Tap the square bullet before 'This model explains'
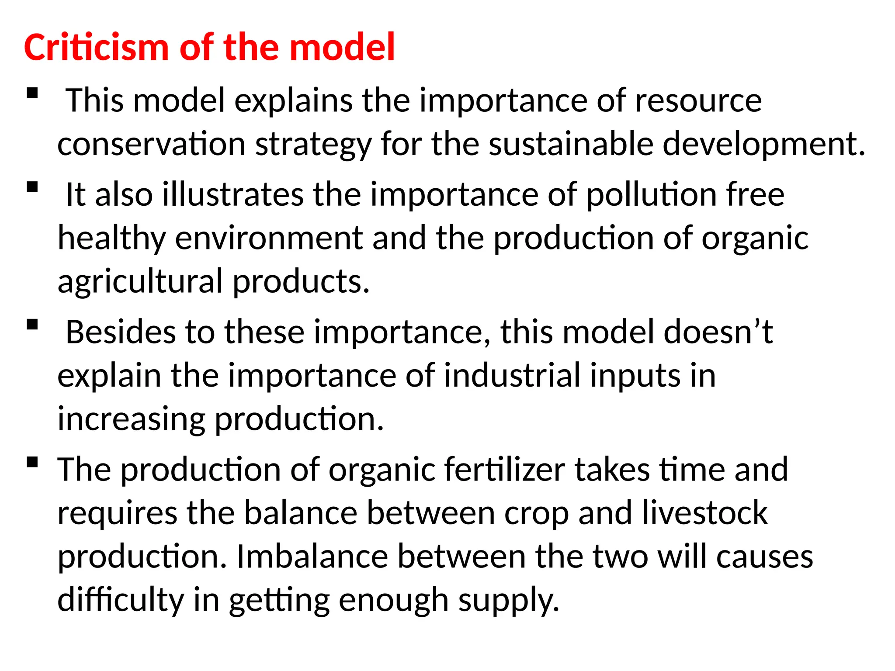point(32,93)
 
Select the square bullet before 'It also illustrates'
point(32,187)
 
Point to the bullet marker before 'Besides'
point(32,325)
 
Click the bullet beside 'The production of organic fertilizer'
point(32,462)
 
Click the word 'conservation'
point(151,144)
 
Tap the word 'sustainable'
point(570,144)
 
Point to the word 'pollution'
point(651,194)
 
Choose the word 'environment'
point(269,238)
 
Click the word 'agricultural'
point(140,281)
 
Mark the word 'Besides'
point(120,332)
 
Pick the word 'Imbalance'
point(312,557)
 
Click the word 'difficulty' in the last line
point(120,600)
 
